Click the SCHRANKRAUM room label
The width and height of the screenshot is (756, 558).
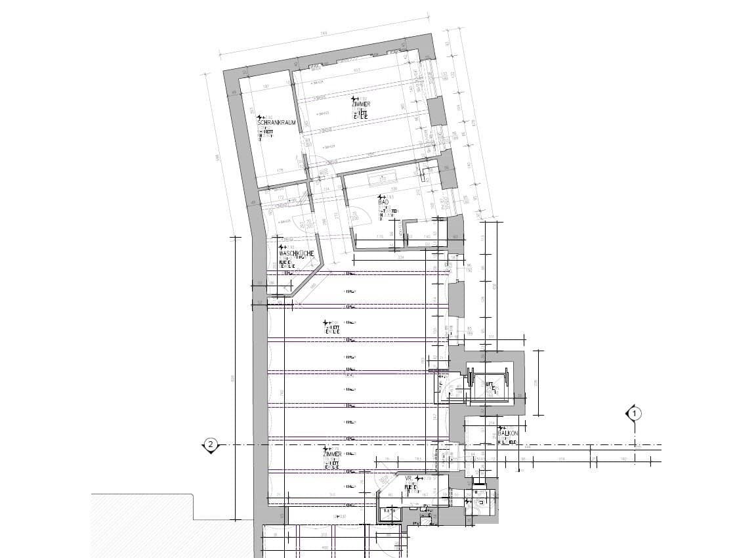[276, 123]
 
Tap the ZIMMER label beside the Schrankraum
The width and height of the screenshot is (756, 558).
[361, 104]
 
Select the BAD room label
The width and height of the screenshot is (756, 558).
[383, 202]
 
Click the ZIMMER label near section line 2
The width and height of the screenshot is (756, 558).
[332, 454]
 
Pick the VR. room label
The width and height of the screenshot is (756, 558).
[408, 479]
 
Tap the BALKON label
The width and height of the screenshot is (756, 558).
[508, 434]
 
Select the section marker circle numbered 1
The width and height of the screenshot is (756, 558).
[635, 414]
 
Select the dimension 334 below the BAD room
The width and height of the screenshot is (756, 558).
[400, 257]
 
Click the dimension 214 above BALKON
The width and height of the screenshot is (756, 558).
[492, 424]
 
